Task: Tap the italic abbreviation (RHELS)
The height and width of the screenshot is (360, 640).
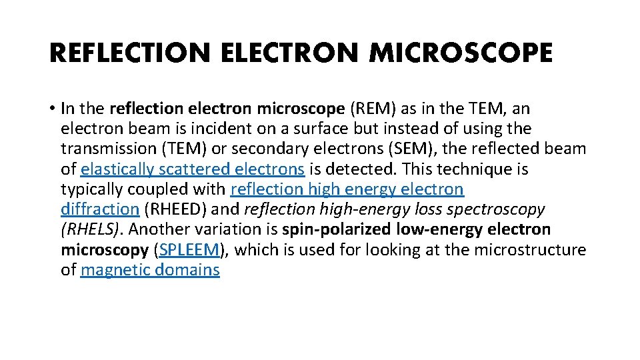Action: [x=91, y=230]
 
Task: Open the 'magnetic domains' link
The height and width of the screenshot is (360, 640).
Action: [x=150, y=270]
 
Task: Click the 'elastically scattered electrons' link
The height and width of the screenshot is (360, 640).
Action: [x=193, y=169]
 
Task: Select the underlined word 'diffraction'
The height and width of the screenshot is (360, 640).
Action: [x=100, y=209]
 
